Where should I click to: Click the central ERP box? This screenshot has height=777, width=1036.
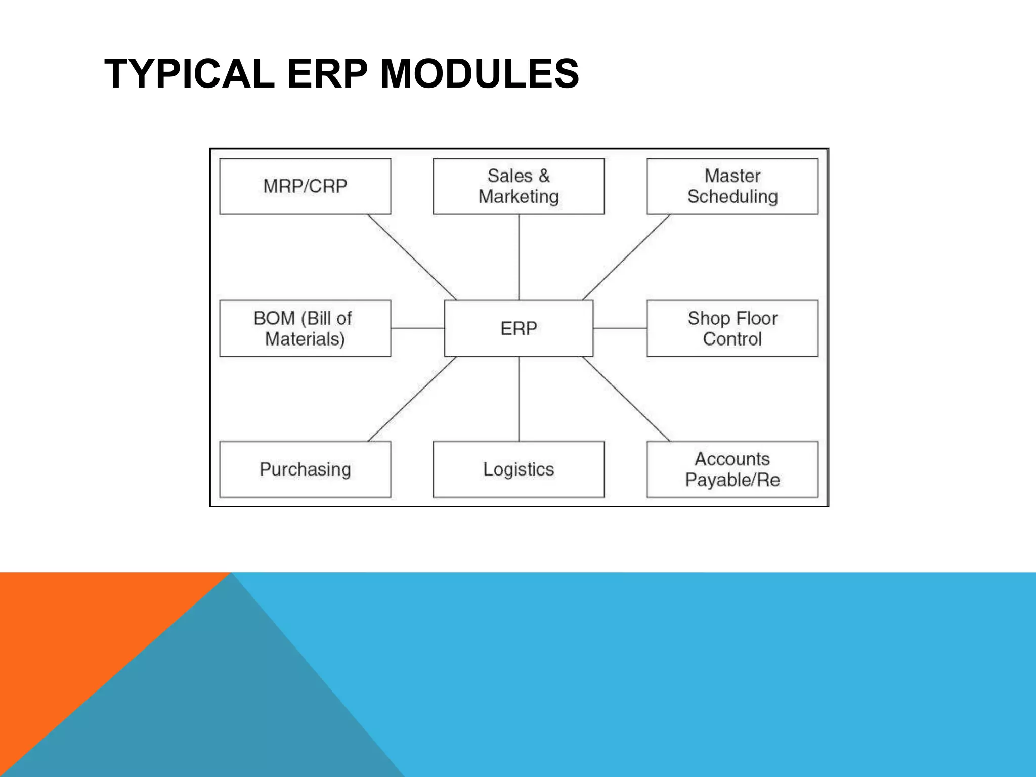(x=519, y=328)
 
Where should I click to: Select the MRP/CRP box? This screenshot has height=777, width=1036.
(x=305, y=186)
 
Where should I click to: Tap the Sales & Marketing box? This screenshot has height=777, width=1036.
(x=519, y=186)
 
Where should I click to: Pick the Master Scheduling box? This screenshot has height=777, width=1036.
(x=732, y=186)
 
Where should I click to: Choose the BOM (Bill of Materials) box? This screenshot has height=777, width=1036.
(x=305, y=328)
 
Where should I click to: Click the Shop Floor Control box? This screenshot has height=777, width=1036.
(x=732, y=328)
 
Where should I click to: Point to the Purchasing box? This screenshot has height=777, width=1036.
(x=305, y=469)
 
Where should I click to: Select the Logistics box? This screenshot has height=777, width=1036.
(x=519, y=469)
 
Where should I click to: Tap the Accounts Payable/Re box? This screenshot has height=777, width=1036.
(x=732, y=469)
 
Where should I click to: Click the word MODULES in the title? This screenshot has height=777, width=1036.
(x=479, y=74)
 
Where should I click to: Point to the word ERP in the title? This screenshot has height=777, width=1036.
(x=327, y=74)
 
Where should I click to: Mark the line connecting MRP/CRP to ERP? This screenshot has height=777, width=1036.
(x=412, y=257)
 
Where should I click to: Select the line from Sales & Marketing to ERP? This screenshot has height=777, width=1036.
(x=519, y=257)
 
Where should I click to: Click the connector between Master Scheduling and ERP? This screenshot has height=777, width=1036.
(x=626, y=257)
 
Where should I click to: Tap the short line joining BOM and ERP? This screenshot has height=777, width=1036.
(x=417, y=328)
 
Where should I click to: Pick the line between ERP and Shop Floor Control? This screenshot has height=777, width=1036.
(x=620, y=328)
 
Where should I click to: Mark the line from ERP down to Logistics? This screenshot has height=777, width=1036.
(x=519, y=399)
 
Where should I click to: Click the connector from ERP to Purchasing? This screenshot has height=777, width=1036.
(x=412, y=399)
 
